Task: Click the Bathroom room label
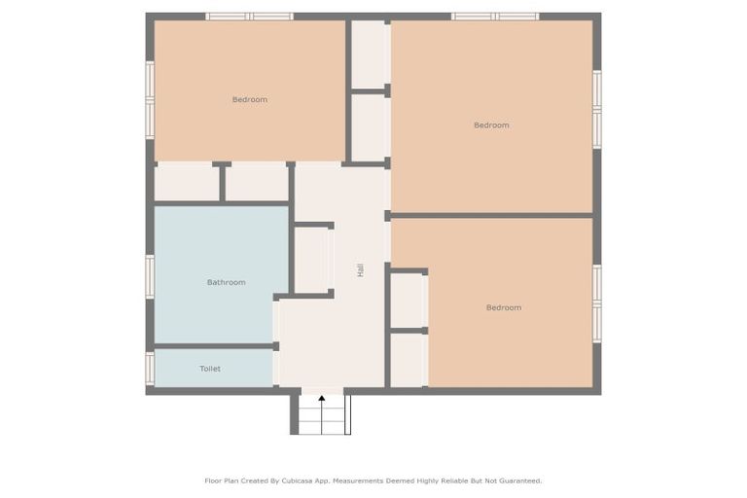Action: click(x=226, y=282)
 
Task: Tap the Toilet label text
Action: click(x=210, y=369)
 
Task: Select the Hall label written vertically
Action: click(x=360, y=270)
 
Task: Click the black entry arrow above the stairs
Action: click(x=322, y=399)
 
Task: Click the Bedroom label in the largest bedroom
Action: click(x=491, y=124)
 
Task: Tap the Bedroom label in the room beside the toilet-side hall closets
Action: click(x=503, y=307)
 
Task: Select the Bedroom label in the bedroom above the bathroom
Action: click(x=249, y=99)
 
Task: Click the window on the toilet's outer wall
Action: click(x=150, y=368)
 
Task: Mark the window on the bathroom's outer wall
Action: click(x=150, y=276)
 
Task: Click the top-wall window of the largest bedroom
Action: click(x=495, y=17)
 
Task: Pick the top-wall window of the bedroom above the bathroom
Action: click(x=249, y=17)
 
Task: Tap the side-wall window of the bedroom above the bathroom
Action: click(x=150, y=99)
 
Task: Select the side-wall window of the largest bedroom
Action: click(x=597, y=108)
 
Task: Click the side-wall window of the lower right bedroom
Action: click(x=597, y=302)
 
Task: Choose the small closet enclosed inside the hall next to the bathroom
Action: click(x=312, y=260)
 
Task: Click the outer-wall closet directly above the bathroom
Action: click(x=187, y=183)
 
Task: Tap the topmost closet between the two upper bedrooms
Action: click(x=369, y=54)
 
